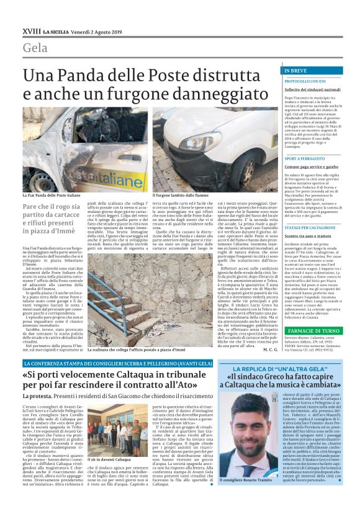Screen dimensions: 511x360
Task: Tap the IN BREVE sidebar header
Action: point(295,71)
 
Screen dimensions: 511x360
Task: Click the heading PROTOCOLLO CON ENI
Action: point(305,81)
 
